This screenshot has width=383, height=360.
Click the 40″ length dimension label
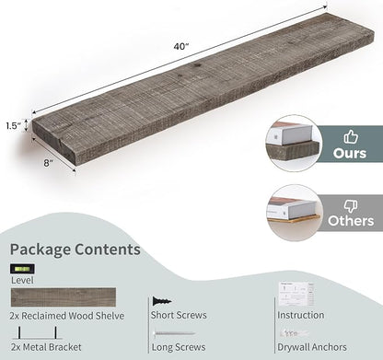(180, 46)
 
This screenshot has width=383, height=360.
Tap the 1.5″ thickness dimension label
(13, 126)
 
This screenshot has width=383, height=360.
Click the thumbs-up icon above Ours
(351, 136)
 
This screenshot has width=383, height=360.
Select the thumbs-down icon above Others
(351, 206)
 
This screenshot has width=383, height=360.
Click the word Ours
(350, 153)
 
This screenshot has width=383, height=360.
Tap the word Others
(351, 221)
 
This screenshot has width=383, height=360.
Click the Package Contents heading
(75, 250)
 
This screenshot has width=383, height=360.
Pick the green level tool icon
(22, 269)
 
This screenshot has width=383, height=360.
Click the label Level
(22, 280)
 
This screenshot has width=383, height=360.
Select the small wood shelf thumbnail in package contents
(64, 297)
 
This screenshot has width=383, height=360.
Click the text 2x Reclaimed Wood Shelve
(67, 316)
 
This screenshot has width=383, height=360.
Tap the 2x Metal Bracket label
(46, 347)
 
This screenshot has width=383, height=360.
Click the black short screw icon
(162, 301)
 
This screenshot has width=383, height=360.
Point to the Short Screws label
(179, 315)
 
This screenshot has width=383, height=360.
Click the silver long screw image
(174, 333)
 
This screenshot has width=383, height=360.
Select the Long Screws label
(179, 347)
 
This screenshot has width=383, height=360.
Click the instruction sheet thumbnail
(296, 294)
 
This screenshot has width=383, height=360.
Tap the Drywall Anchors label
(312, 347)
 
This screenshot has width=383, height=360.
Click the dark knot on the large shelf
(197, 65)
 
